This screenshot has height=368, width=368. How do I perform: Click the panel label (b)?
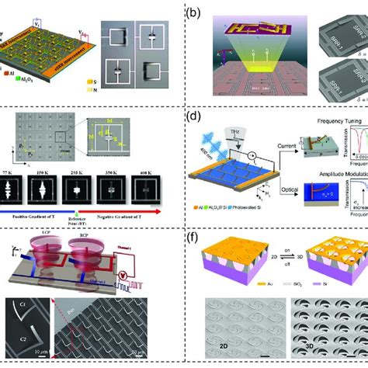(x=196, y=10)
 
